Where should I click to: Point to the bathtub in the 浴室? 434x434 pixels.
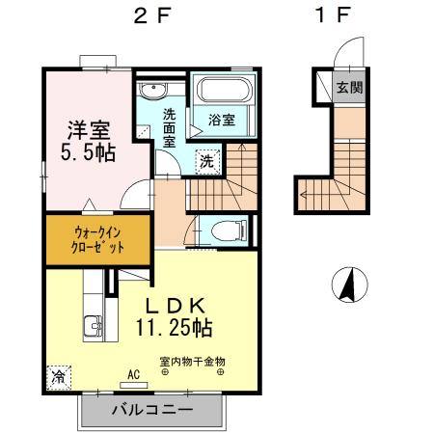(x=223, y=94)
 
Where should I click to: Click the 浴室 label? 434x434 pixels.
(x=222, y=121)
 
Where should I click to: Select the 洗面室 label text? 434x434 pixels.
(x=169, y=125)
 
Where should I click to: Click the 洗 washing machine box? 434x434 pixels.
(x=206, y=161)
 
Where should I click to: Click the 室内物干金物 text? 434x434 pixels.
(x=192, y=362)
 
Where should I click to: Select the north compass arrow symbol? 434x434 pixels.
(x=351, y=285)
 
